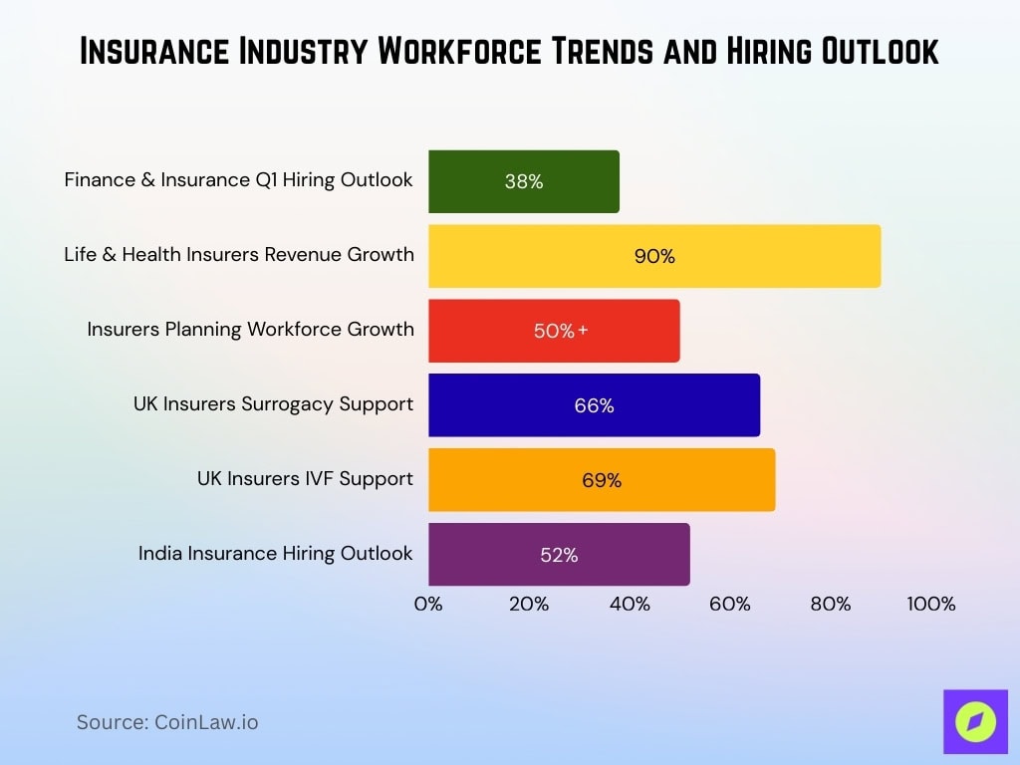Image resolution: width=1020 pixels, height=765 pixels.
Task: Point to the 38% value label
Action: [x=524, y=181]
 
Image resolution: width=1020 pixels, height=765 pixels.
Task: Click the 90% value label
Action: [x=654, y=256]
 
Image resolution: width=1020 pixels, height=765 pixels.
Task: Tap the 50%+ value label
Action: [x=561, y=331]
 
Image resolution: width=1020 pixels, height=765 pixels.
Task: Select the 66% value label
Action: [x=594, y=405]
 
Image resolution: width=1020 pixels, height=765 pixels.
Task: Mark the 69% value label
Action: [x=602, y=480]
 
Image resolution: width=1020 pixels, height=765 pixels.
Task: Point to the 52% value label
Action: [x=559, y=555]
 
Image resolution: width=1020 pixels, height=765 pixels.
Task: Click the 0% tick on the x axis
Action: [x=428, y=604]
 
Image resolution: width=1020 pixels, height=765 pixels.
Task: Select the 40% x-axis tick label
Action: [x=630, y=604]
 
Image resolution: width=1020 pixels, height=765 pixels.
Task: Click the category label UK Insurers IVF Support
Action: [x=305, y=478]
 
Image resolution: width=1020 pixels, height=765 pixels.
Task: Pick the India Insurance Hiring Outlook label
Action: [x=276, y=553]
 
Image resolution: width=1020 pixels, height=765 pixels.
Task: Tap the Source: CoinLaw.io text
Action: [x=167, y=722]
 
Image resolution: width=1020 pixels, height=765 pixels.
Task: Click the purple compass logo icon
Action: [x=975, y=722]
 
